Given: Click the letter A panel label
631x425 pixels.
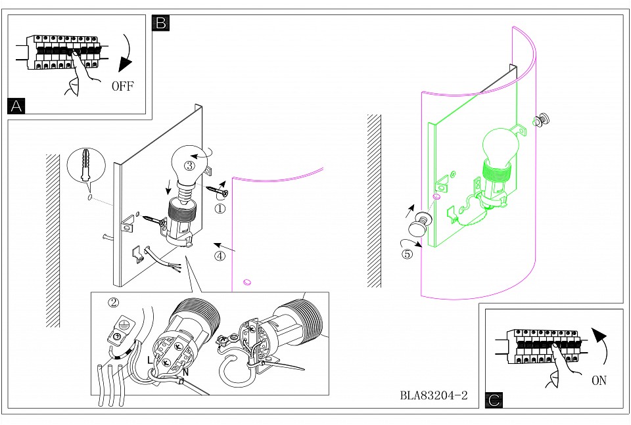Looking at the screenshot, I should point(16,106).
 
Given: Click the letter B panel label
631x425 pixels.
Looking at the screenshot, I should point(160,24).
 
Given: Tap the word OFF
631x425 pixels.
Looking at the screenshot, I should point(122,86).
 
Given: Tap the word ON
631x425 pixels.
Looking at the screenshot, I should point(598,380).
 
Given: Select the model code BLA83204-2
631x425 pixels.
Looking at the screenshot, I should point(433,396).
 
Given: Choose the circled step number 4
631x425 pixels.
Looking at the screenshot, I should point(220,256).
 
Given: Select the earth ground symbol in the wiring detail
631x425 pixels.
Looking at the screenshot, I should point(123,323).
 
